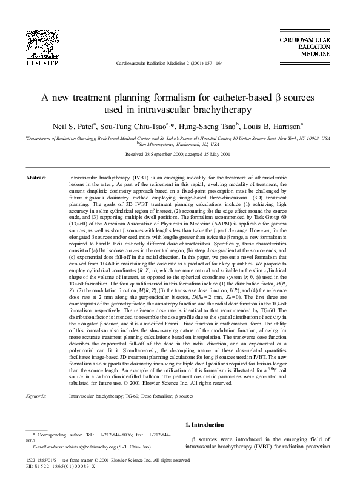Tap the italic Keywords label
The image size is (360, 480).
[x=37, y=362]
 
